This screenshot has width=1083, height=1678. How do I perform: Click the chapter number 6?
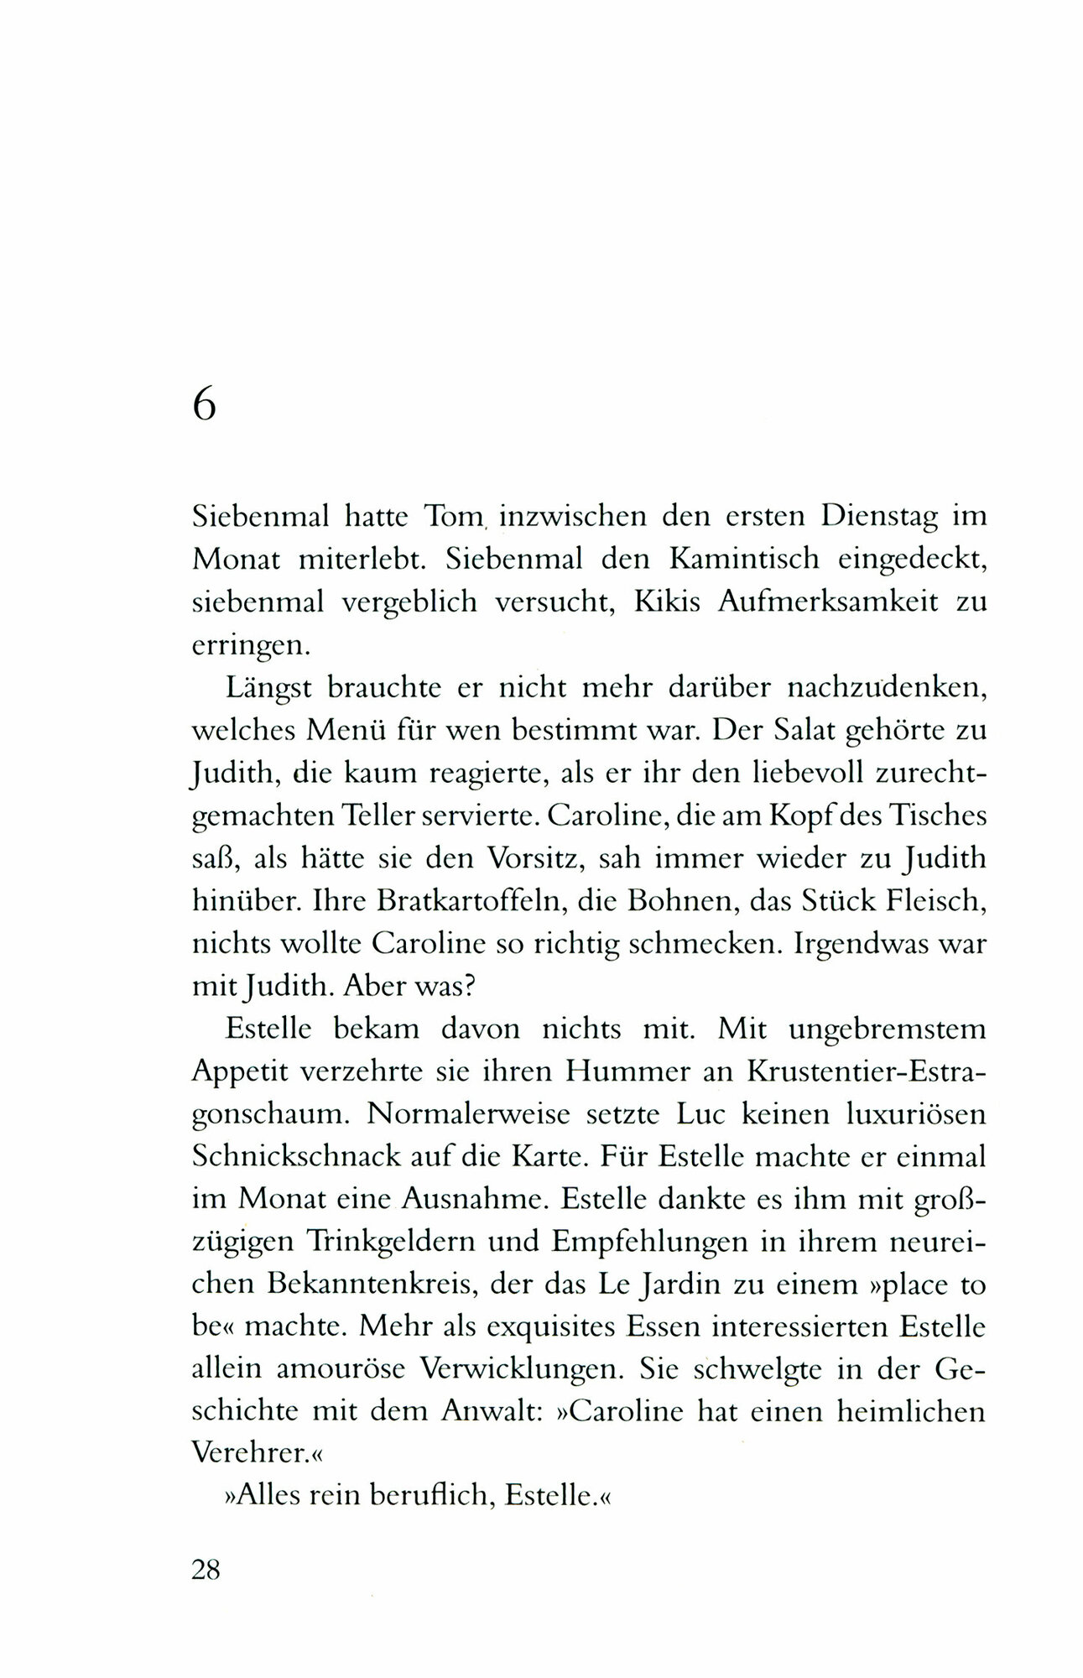(x=205, y=406)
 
